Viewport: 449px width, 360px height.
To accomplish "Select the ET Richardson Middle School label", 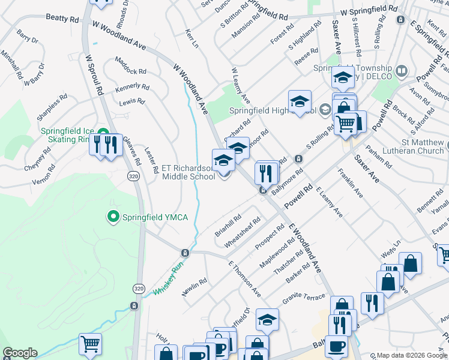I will point(189,173).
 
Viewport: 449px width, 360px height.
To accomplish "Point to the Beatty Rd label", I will point(62,19).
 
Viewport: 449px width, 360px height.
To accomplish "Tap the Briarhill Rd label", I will point(228,224).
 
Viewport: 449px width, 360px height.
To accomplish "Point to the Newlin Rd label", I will point(194,286).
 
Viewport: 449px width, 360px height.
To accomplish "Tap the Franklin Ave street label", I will point(351,184).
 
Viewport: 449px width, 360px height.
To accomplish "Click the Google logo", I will point(20,353).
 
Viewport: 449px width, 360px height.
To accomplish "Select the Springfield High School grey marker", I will point(325,109).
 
